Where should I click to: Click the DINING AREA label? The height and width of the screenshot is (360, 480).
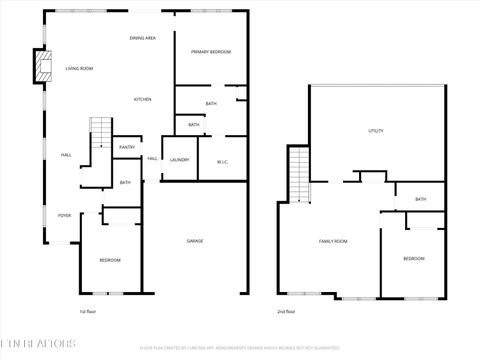(142, 38)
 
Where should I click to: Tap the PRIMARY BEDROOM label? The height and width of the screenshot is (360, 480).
(211, 51)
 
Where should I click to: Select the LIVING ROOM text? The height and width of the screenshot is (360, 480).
(79, 68)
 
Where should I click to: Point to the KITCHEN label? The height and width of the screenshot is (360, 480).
(143, 99)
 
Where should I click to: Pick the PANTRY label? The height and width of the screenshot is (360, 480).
(127, 147)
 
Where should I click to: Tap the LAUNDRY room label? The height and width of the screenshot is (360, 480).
(180, 160)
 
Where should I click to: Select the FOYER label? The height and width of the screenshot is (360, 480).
(64, 215)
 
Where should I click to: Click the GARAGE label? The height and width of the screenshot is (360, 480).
(196, 241)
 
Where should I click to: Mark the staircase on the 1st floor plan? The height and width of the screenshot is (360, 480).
(101, 132)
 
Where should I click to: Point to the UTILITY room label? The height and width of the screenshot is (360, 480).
(376, 131)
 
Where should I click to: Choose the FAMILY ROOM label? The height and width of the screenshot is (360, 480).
(333, 241)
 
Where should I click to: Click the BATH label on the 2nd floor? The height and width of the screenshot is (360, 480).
(421, 199)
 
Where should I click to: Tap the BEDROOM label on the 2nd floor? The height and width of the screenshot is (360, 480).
(413, 259)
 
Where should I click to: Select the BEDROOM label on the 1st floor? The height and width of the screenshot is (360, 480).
(110, 260)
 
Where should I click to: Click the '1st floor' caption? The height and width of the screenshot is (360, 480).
(88, 311)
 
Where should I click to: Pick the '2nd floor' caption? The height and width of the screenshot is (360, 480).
(286, 311)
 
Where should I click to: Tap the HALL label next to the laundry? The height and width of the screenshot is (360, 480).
(152, 159)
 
